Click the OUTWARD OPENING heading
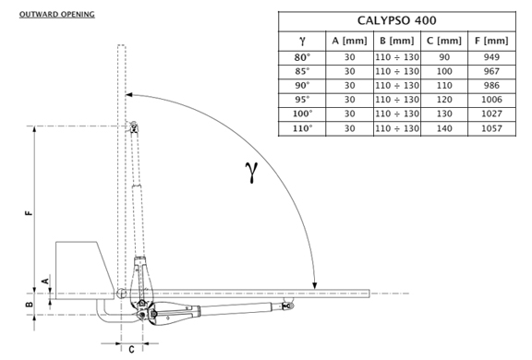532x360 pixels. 57,15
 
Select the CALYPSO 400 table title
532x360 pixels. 396,20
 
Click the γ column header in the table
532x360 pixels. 302,41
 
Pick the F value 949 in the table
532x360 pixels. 491,57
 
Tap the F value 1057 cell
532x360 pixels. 491,128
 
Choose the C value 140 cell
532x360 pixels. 444,128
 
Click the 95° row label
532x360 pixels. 302,100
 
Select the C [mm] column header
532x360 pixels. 444,41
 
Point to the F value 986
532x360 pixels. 491,86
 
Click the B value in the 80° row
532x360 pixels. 397,57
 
